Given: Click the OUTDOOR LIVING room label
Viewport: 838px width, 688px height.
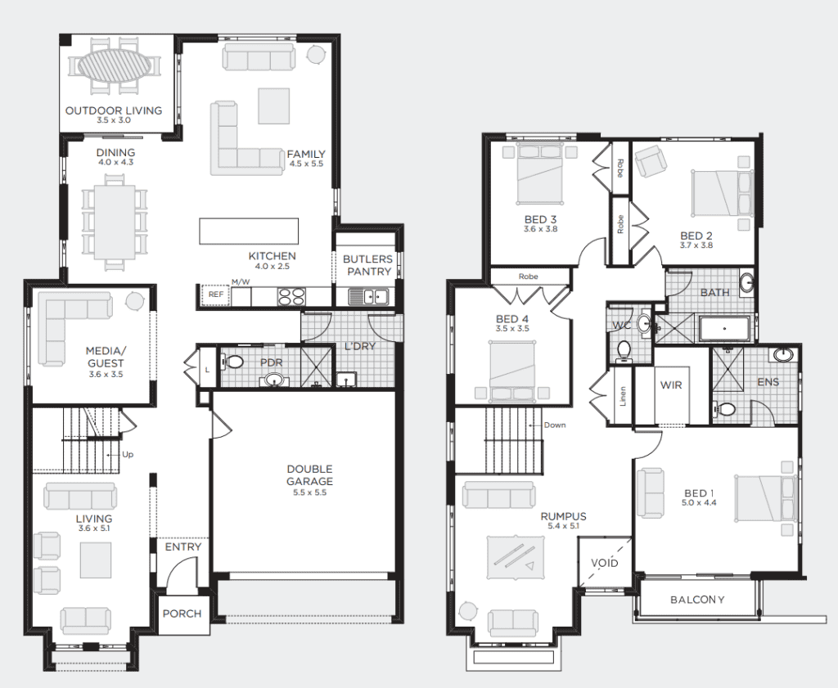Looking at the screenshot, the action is pos(114,110).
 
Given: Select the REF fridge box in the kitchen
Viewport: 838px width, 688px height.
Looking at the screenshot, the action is pos(216,295).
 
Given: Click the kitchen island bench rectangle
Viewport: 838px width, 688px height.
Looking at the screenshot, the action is pos(249,231).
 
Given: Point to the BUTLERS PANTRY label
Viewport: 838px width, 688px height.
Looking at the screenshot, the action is pos(367,266).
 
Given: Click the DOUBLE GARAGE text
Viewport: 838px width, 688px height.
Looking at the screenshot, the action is pos(309,474).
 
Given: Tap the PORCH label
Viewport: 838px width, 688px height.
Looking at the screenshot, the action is pos(182,614).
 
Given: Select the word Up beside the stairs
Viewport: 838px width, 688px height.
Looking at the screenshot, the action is pos(127,455).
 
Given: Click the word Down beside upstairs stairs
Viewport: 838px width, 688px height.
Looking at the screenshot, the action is pos(555,425).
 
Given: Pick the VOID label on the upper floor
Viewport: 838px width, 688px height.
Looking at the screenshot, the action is pos(605,563).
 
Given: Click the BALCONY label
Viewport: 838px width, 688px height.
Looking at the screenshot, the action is pos(697,600).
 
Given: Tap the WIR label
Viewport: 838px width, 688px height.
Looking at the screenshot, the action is pos(671,384).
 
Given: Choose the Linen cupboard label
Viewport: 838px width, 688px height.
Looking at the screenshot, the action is pos(623,396).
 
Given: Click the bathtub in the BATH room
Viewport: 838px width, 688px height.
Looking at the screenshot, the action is pos(724,329).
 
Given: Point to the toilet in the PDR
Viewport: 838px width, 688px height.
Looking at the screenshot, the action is pos(232,362).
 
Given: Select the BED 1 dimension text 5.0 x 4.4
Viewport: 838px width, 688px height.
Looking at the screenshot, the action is pos(699,502).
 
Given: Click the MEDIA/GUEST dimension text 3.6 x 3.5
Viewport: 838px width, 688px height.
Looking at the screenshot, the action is pos(106,375).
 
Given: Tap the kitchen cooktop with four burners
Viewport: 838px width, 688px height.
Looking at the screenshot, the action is pos(291,296).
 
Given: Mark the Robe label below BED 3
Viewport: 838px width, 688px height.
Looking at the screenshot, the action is pos(528,277).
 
